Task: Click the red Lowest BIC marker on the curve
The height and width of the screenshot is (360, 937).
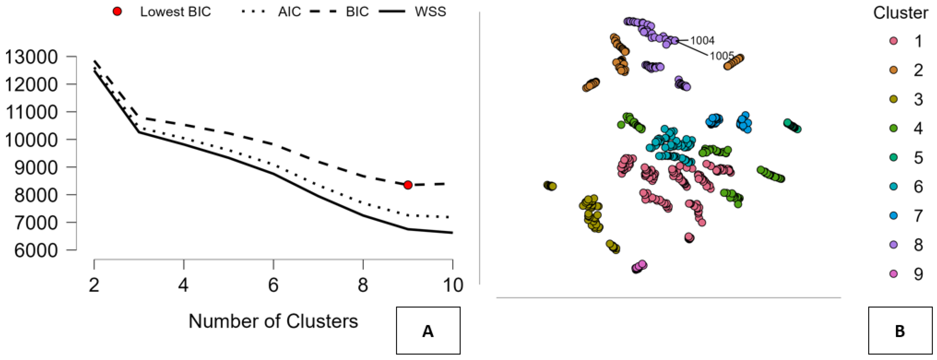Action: (408, 185)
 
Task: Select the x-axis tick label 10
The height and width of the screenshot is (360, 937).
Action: (453, 285)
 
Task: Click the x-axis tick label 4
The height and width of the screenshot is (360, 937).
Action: (184, 285)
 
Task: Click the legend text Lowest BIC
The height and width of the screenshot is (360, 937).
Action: (175, 12)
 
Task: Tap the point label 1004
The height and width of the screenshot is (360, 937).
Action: (702, 40)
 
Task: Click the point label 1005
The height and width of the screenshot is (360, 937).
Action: (722, 56)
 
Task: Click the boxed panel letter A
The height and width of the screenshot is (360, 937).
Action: (428, 331)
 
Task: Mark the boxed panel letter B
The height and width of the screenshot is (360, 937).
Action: (900, 331)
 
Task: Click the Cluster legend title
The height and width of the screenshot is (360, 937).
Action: (900, 13)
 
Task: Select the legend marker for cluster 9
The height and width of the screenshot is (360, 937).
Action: (893, 274)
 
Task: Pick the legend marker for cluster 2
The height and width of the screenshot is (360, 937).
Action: (893, 70)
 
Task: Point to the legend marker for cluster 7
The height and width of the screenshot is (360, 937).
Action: (893, 216)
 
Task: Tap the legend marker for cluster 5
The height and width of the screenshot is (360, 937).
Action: (893, 157)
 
